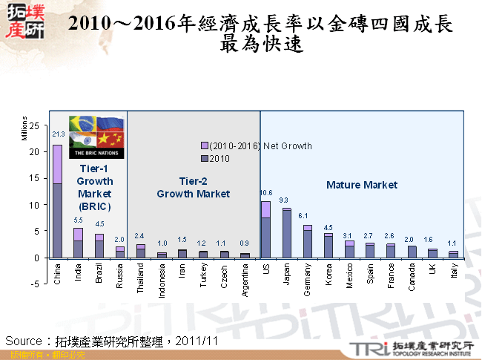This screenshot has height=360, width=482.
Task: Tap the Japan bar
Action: [286, 234]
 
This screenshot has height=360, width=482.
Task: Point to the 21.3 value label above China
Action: [58, 134]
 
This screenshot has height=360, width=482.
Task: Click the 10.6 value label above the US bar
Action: [265, 193]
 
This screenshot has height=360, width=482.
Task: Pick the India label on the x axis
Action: [78, 272]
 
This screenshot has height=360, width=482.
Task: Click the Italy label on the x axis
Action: [453, 272]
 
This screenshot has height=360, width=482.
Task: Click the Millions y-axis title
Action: [24, 128]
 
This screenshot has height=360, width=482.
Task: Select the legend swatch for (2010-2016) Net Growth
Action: [205, 145]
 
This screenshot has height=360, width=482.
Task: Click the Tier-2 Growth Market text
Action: [193, 187]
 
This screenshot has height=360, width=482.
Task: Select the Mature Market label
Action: [362, 185]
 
